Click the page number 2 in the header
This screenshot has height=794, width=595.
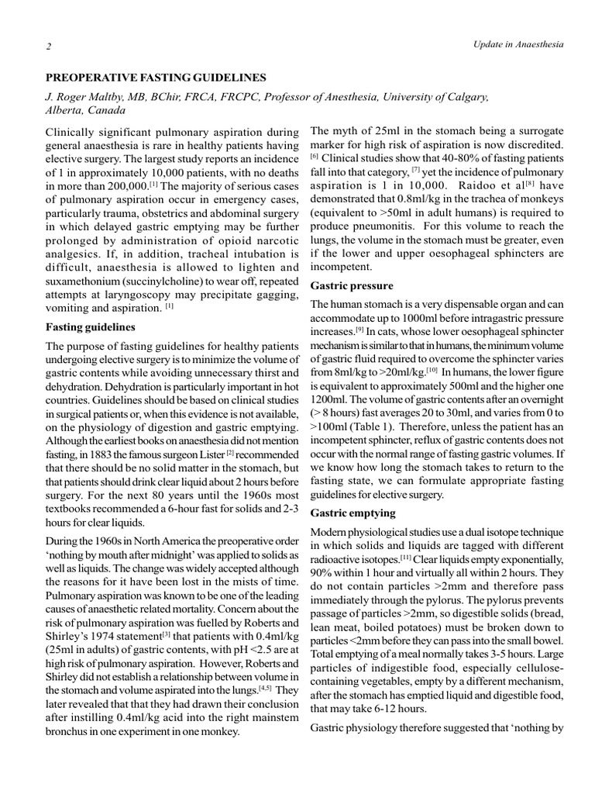[48, 46]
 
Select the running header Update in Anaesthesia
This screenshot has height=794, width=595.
[518, 44]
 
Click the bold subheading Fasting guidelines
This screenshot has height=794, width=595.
[91, 326]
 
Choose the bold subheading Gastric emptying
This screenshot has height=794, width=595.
[353, 513]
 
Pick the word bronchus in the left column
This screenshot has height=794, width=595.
[68, 731]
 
